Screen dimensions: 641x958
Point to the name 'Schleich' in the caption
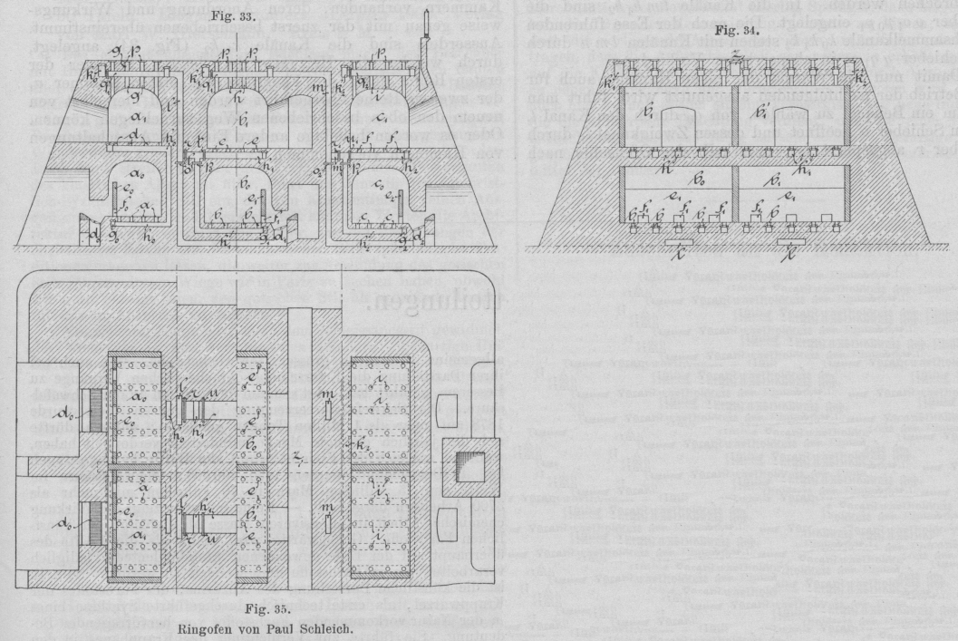coord(289,626)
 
